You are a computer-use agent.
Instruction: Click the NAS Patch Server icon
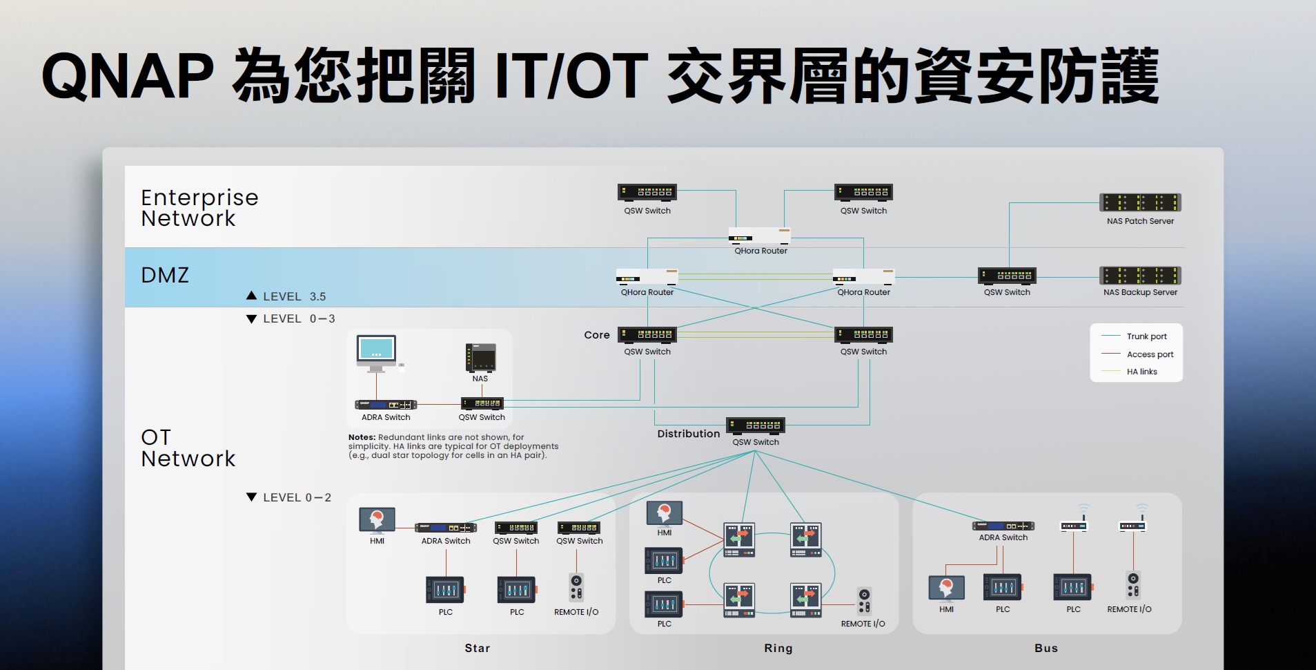[1140, 202]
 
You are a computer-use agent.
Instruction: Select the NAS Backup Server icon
[1140, 276]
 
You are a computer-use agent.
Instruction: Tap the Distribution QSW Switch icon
[756, 425]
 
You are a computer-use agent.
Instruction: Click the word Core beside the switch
[597, 335]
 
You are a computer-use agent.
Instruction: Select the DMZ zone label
[165, 275]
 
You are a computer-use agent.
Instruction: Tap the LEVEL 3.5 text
[294, 296]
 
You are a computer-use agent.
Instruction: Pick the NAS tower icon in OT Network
[480, 357]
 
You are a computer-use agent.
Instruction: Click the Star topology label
[478, 648]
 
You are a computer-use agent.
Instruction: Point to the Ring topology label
[778, 648]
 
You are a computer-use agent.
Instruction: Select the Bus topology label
[1046, 648]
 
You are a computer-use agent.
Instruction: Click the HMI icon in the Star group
[377, 519]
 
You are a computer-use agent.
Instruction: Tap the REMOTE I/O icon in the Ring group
[864, 601]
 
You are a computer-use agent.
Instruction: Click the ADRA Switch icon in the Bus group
[1003, 526]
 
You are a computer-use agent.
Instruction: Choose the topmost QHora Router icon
[760, 236]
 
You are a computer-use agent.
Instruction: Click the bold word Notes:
[362, 437]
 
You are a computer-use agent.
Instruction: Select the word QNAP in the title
[128, 76]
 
